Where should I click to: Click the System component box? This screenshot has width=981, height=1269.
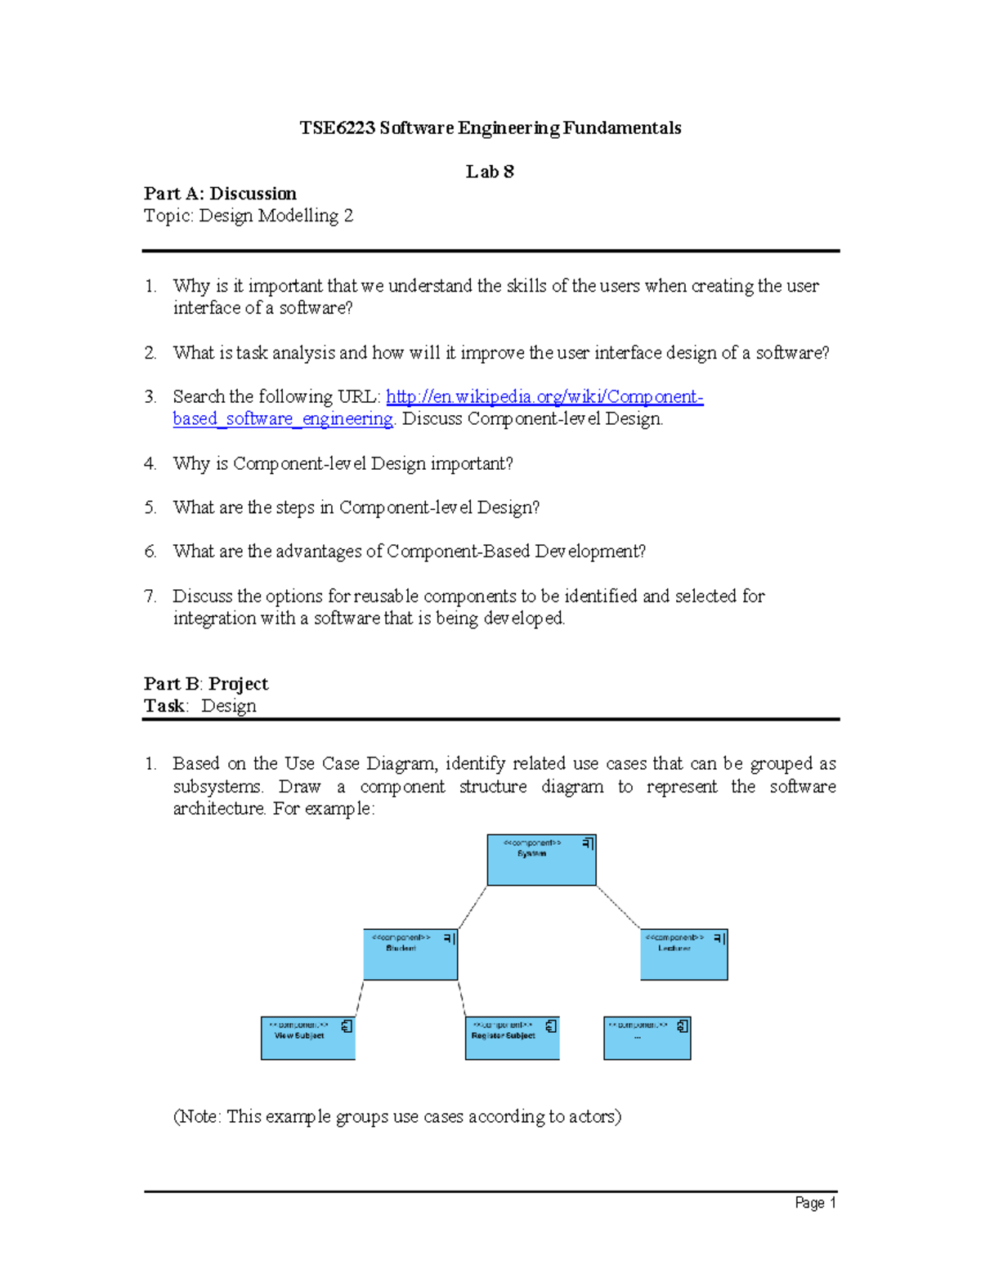541,860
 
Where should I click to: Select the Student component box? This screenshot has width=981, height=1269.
410,955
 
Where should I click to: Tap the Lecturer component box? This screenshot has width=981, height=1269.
683,955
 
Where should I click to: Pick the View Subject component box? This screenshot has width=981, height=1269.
307,1039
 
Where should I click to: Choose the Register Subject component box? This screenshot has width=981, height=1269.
512,1039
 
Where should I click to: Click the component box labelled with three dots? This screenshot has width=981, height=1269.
647,1039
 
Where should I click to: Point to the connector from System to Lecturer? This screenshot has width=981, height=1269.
619,907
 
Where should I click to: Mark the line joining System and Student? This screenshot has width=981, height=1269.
473,908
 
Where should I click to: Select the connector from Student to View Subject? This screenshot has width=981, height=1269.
359,999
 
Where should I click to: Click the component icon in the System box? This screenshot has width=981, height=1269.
588,843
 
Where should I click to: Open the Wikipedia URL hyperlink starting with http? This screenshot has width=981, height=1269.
544,397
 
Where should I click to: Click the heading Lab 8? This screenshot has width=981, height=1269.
490,172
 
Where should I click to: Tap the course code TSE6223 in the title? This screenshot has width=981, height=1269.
337,128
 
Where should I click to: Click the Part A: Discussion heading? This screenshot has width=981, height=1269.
220,194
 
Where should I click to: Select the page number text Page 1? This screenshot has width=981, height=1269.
815,1203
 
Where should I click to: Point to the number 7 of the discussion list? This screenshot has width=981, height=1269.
150,597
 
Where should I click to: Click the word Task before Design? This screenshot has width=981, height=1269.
164,706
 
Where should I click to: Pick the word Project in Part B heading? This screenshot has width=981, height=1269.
238,684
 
